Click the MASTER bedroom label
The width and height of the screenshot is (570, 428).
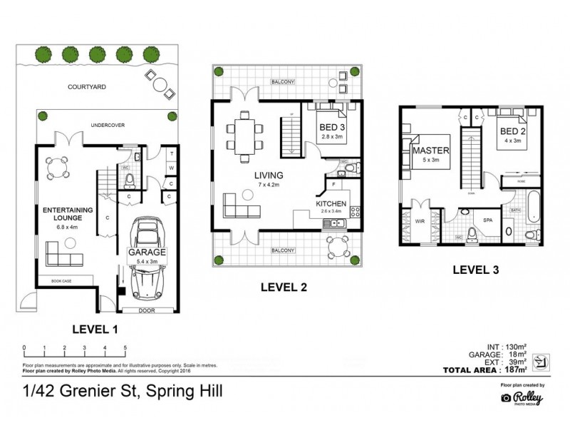point(430,151)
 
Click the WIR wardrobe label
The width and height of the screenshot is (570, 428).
point(420,221)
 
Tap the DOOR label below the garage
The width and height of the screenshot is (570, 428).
point(147,310)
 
